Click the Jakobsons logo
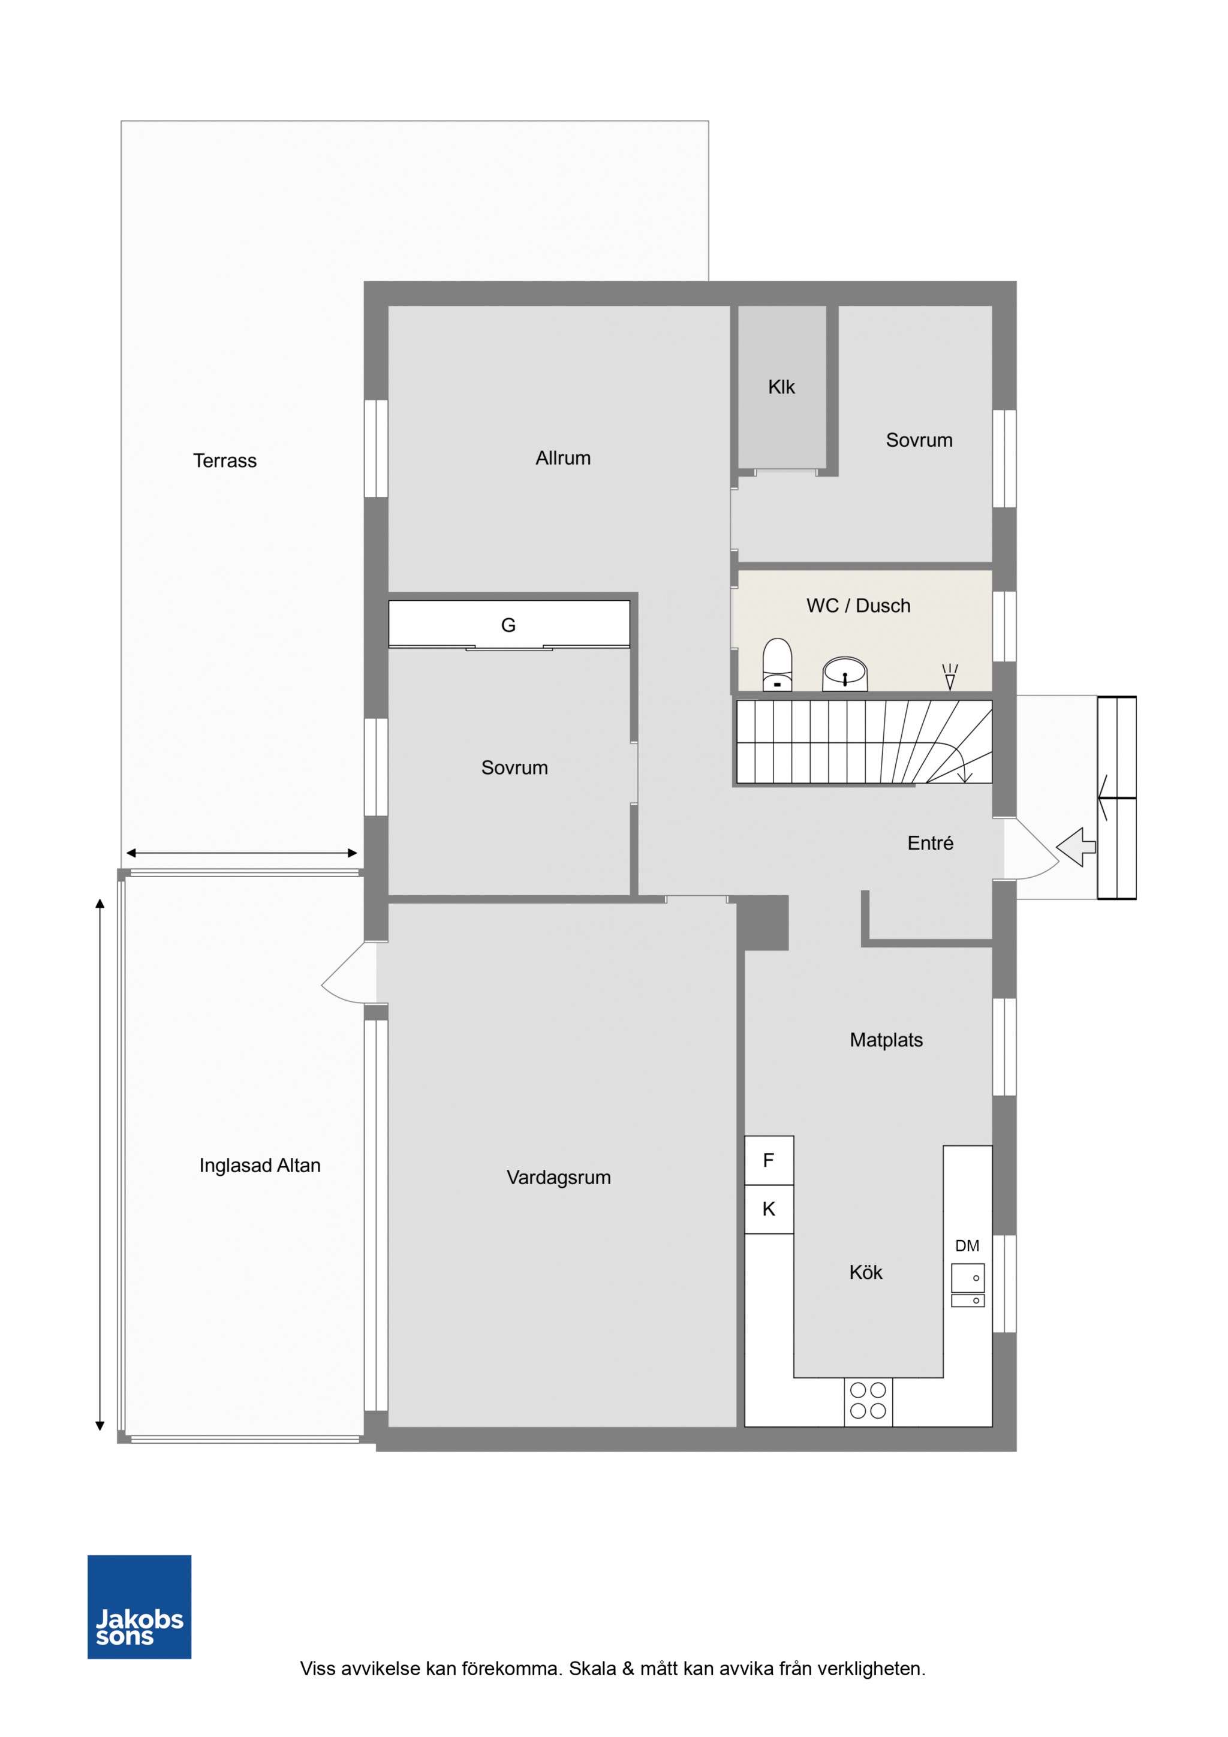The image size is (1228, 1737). (x=139, y=1607)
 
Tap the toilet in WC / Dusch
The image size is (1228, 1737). (x=777, y=664)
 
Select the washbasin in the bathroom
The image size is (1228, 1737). (x=844, y=673)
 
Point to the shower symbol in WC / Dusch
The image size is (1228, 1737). (x=950, y=676)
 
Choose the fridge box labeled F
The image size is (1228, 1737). (x=769, y=1161)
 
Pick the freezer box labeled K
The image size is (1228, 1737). (x=769, y=1209)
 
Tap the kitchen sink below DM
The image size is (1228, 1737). (x=968, y=1286)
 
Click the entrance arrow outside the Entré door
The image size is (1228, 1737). (x=1075, y=847)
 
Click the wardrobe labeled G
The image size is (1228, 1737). (x=508, y=624)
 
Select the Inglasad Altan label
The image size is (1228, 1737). (x=260, y=1165)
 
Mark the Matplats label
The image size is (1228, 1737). (x=886, y=1040)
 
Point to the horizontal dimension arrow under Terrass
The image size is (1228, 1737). (x=242, y=853)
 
